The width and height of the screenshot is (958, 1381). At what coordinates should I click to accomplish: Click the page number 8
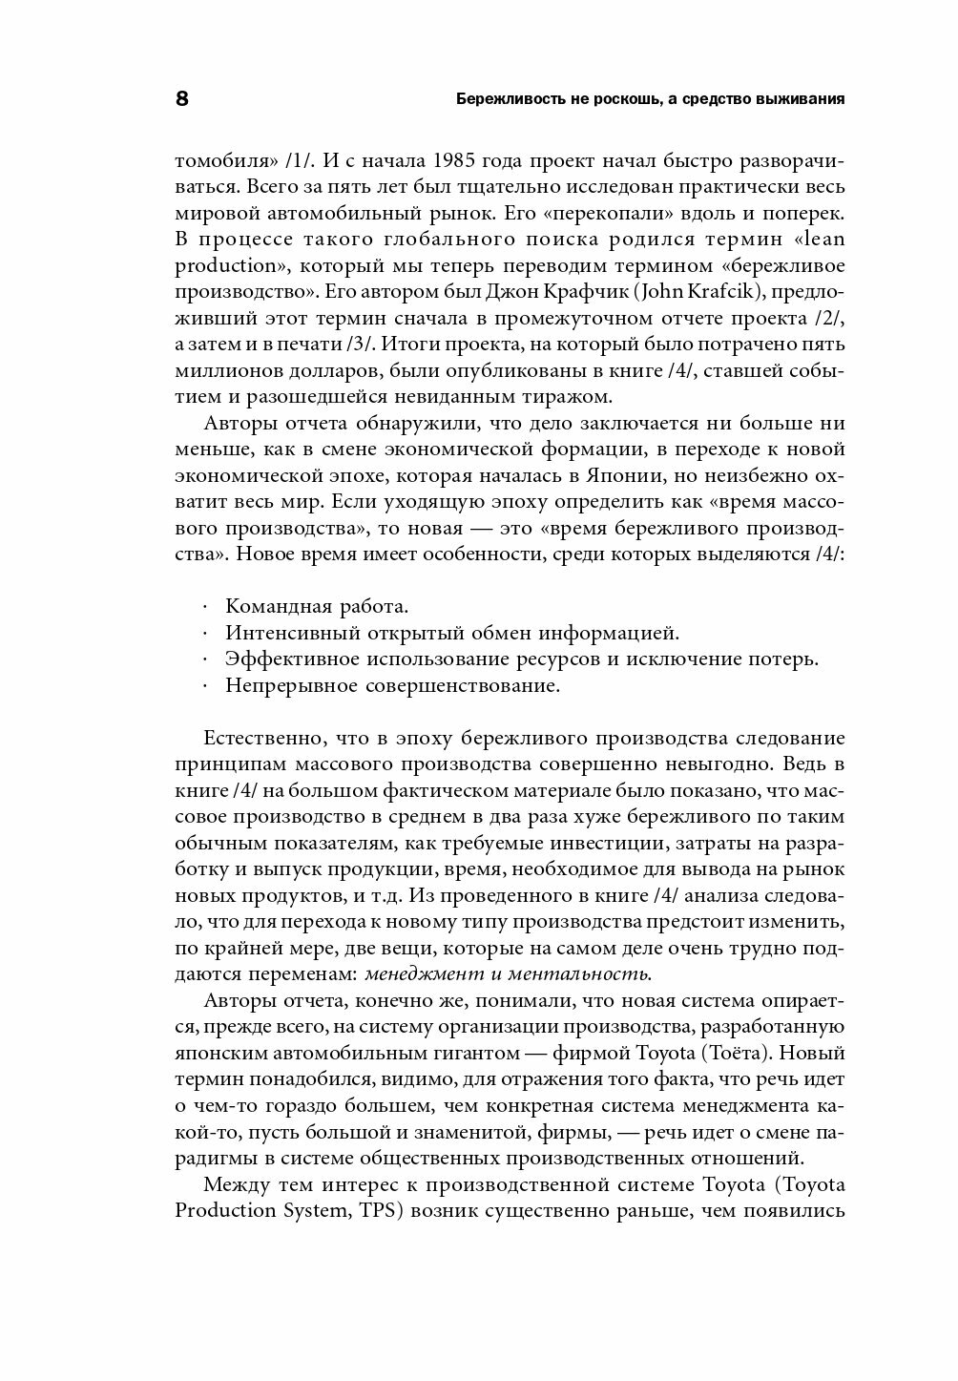pos(181,99)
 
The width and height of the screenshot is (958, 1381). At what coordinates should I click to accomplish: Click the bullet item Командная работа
pos(317,606)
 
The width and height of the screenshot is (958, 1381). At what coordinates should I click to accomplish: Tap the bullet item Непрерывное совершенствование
pos(392,685)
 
